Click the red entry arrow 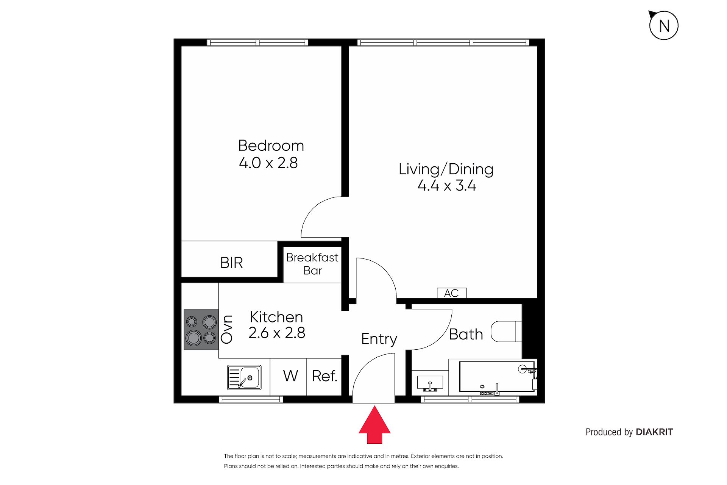[x=374, y=425]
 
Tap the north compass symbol [x=663, y=25]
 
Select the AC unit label [x=451, y=293]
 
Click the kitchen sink [x=244, y=377]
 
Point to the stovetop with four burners [x=201, y=330]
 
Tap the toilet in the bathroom [x=506, y=332]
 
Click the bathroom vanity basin [x=430, y=383]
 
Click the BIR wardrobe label [x=231, y=263]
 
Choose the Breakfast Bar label [x=312, y=264]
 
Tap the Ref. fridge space [x=324, y=376]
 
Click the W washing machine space [x=290, y=376]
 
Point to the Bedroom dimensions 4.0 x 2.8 [x=268, y=163]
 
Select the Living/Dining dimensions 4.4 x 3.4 [x=447, y=186]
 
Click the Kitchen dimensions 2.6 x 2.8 [x=277, y=333]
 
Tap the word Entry [x=379, y=339]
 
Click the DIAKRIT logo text [x=654, y=432]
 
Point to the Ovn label [x=227, y=329]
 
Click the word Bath [x=466, y=334]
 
